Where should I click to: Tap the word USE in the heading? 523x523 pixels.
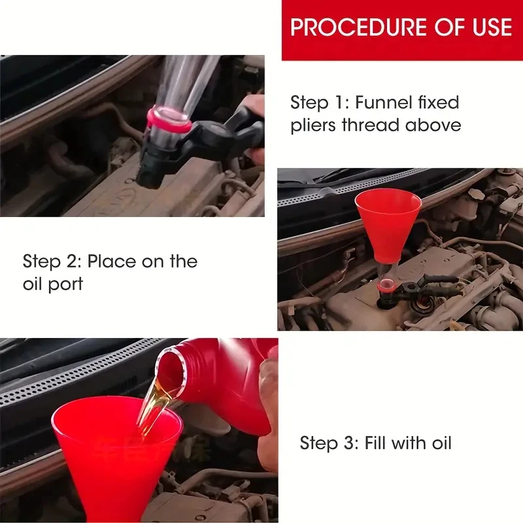click(492, 27)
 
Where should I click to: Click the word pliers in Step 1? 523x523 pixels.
click(313, 126)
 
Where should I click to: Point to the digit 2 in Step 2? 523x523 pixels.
click(72, 261)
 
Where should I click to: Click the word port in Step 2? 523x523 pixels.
click(66, 284)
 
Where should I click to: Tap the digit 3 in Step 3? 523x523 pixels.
click(350, 443)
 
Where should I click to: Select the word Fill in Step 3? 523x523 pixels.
click(375, 443)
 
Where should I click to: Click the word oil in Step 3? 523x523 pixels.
click(442, 443)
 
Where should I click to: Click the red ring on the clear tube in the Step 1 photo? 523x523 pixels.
click(169, 121)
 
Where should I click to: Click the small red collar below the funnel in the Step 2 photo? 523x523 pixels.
click(387, 285)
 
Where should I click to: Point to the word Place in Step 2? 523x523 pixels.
click(112, 261)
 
